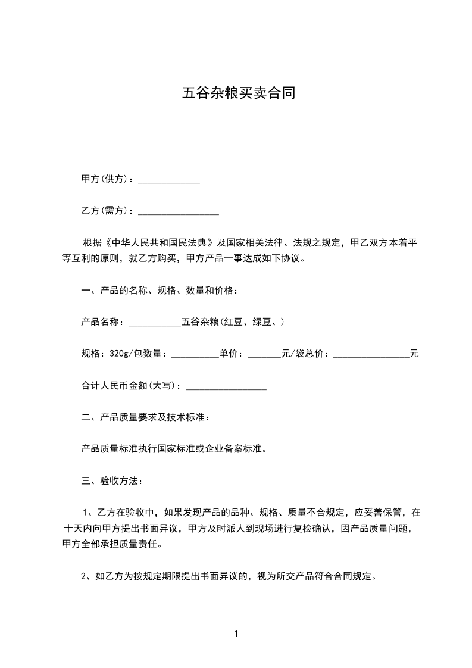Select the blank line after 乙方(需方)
[x=178, y=211]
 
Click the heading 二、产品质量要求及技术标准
[x=145, y=417]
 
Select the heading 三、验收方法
[x=111, y=480]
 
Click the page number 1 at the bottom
[x=236, y=634]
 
